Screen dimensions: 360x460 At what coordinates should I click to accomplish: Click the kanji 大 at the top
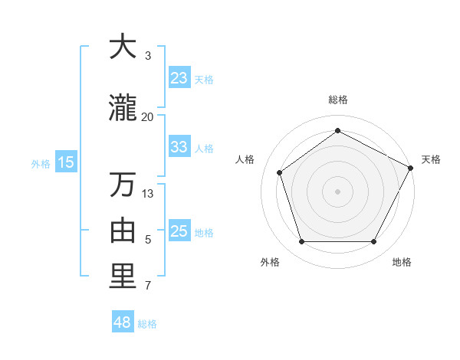tap(123, 47)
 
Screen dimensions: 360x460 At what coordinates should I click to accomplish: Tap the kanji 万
tap(123, 185)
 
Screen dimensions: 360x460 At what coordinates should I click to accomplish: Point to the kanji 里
tap(123, 277)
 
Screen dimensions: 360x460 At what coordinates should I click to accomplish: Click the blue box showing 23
tap(179, 78)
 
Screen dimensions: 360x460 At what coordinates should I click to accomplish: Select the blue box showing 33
tap(179, 147)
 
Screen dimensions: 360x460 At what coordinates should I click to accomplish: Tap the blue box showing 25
tap(179, 231)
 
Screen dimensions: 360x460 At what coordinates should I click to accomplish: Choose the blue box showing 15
tap(65, 162)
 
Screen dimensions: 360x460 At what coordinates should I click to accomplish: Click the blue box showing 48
tap(123, 322)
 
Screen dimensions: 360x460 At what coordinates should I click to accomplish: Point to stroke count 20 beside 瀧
tap(148, 116)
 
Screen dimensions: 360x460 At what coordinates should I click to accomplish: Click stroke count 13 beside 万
tap(148, 193)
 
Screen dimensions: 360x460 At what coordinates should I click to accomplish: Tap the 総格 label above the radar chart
tap(338, 100)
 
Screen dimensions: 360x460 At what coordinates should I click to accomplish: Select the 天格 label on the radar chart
tap(431, 159)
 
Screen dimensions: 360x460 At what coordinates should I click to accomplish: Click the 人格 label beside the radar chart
tap(245, 159)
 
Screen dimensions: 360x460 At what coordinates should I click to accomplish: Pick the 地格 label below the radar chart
tap(402, 262)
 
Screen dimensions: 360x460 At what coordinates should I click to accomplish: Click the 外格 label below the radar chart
tap(270, 262)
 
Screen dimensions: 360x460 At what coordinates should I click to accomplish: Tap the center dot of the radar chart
tap(338, 191)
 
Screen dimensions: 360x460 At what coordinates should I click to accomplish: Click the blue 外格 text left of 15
tap(40, 162)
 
